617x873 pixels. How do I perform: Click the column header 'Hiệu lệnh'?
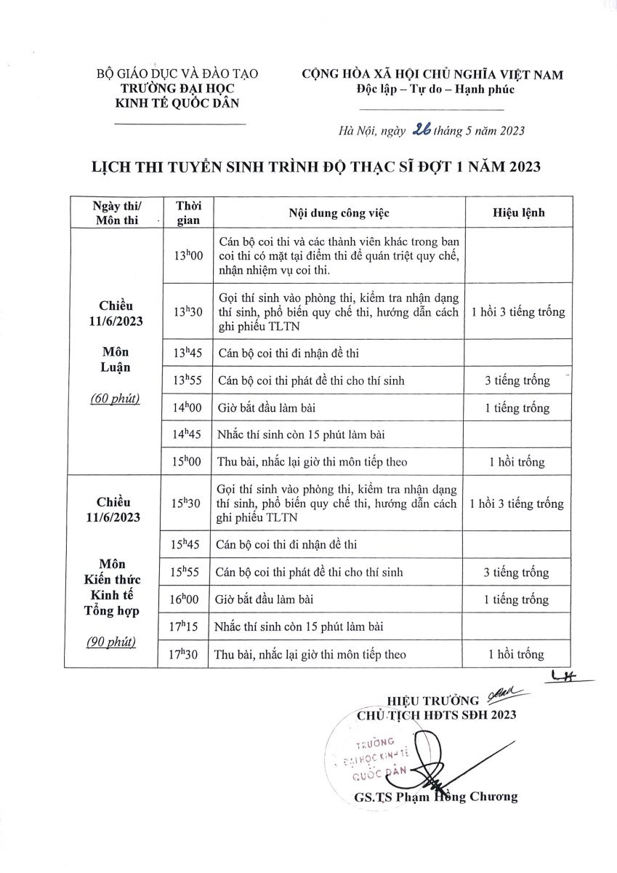[x=518, y=213]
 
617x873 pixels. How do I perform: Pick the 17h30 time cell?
[x=186, y=654]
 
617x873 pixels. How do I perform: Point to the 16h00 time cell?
[x=186, y=599]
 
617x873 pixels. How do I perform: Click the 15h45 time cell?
[x=186, y=544]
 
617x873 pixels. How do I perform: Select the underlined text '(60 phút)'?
[x=115, y=399]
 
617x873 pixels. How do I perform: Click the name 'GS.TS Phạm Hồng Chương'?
[x=436, y=797]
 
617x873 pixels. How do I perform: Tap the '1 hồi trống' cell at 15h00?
[x=517, y=462]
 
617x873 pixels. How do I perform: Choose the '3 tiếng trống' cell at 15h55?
[x=517, y=573]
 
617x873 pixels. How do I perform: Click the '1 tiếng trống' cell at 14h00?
[x=517, y=408]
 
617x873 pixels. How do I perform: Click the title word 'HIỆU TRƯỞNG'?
[x=432, y=701]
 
